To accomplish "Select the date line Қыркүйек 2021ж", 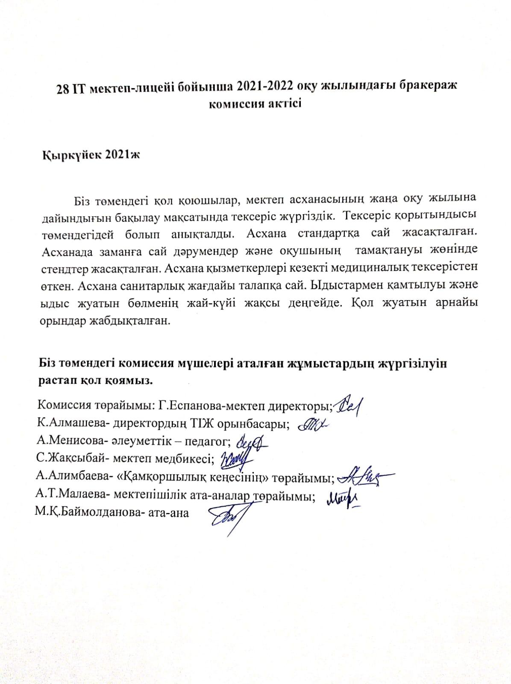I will (91, 155).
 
